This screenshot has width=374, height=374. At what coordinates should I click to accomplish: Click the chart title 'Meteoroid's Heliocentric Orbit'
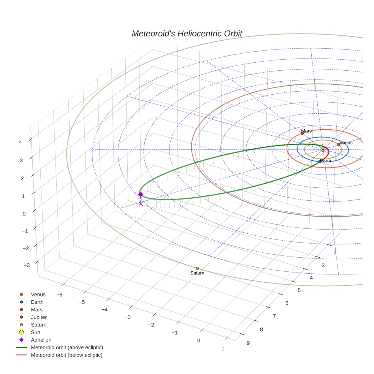pos(187,33)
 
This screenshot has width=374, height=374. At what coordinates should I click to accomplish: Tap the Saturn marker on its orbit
pos(197,268)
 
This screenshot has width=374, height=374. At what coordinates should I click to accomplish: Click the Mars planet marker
pos(302,133)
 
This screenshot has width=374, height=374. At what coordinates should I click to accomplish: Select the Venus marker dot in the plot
pos(339,144)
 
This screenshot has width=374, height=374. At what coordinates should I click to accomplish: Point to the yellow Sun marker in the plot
pos(323,149)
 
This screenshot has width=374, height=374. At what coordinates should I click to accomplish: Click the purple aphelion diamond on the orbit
pos(141,194)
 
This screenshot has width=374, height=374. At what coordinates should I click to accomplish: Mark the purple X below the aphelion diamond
pos(141,204)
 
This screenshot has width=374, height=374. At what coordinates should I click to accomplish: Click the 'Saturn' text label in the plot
pos(197,273)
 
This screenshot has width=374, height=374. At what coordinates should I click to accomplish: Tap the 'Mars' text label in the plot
pos(306,131)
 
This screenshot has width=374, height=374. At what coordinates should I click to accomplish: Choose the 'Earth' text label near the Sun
pos(325,161)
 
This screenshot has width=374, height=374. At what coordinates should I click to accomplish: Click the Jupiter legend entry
pos(39,317)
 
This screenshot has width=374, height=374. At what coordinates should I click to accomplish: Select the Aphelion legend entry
pos(41,340)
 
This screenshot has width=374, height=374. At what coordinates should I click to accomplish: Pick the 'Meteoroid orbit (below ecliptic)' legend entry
pos(67,355)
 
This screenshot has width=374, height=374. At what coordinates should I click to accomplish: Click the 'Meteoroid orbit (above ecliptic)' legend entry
pos(67,347)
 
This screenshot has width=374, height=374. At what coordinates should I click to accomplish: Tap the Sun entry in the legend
pos(35,332)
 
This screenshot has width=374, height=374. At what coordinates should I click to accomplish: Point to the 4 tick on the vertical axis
pos(21,143)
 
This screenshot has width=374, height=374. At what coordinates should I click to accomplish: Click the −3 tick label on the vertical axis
pos(27,265)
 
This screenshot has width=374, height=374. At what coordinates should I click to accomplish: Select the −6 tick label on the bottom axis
pos(59,295)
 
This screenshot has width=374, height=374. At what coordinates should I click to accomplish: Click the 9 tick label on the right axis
pos(248,343)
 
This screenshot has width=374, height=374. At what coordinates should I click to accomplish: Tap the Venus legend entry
pos(38,295)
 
